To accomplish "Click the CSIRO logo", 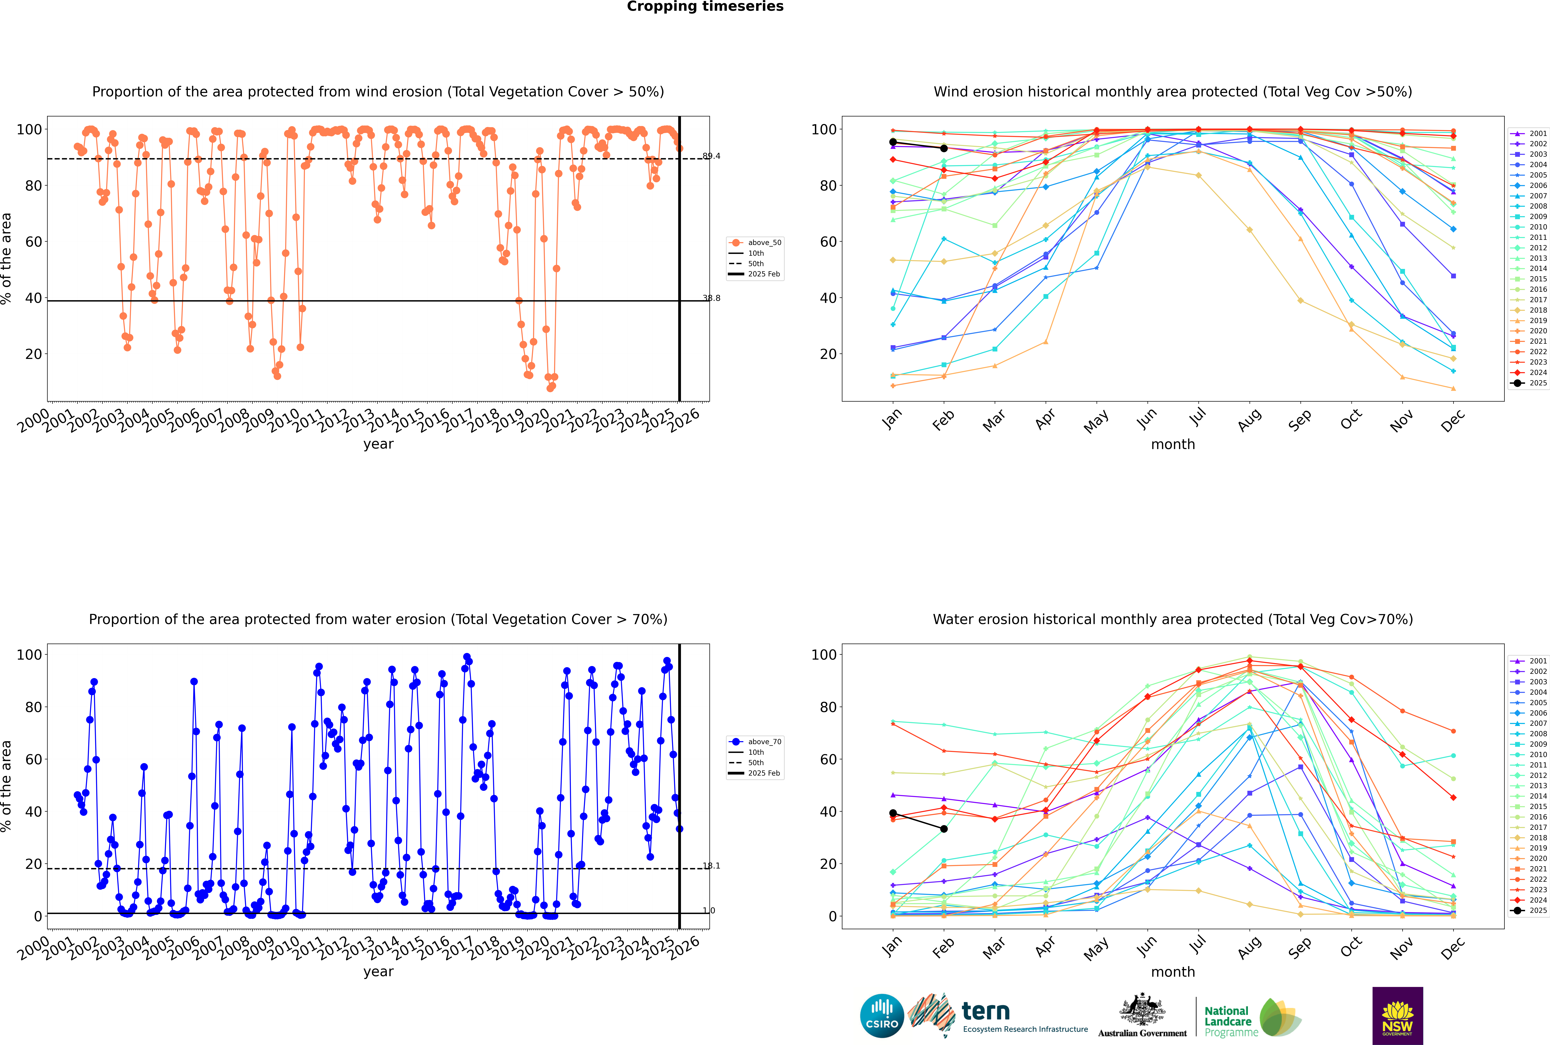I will click(x=882, y=1016).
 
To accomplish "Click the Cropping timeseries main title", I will click(x=705, y=7).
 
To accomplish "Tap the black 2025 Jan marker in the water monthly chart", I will click(x=893, y=813).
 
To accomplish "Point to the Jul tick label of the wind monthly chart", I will click(x=1198, y=418).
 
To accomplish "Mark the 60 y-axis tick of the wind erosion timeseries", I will click(x=33, y=242).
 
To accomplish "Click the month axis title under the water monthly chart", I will click(x=1173, y=972).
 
